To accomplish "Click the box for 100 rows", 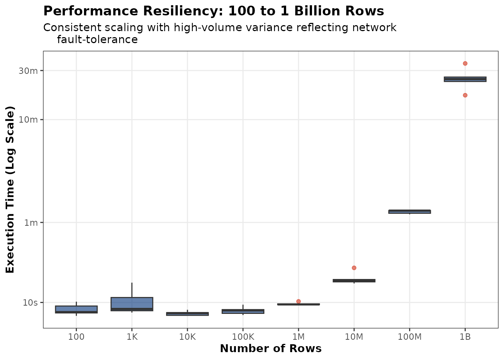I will [76, 309].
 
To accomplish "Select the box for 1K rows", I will [132, 304].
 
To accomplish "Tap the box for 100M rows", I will [409, 211].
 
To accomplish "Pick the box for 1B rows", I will [465, 79].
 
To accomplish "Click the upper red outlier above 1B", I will [465, 63].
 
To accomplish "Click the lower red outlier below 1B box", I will [465, 95].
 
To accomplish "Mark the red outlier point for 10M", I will [354, 268].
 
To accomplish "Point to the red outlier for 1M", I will [298, 301].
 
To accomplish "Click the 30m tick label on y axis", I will [28, 70].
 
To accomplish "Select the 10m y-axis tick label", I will [28, 120].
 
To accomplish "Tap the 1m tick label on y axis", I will [31, 223].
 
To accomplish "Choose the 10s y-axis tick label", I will [30, 303].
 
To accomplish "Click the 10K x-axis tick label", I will [187, 337].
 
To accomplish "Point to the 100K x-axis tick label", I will [243, 337].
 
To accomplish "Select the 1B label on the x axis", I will [465, 337].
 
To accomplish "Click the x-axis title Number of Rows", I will [271, 349].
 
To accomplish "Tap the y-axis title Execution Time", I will [10, 190].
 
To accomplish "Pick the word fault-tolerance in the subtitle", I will [97, 39].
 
